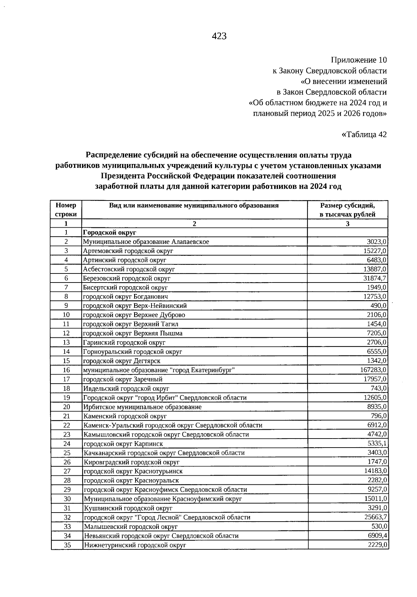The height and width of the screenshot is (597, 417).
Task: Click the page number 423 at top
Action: [219, 36]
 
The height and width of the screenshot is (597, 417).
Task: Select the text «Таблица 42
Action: [364, 134]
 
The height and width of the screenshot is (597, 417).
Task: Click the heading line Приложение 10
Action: [359, 60]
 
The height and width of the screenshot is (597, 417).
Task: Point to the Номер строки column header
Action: [66, 210]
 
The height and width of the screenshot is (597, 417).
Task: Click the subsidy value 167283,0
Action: [374, 370]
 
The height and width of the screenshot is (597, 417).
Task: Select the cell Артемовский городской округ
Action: [128, 251]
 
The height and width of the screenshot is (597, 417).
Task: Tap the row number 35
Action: [67, 545]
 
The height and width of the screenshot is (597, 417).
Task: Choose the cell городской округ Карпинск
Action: [123, 444]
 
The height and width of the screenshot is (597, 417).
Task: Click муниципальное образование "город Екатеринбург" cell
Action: [159, 370]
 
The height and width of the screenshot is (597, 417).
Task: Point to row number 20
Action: [67, 407]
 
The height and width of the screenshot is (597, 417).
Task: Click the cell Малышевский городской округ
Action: [131, 527]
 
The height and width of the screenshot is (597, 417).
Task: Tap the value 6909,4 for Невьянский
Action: [377, 535]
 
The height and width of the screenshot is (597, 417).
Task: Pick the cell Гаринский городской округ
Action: [124, 343]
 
